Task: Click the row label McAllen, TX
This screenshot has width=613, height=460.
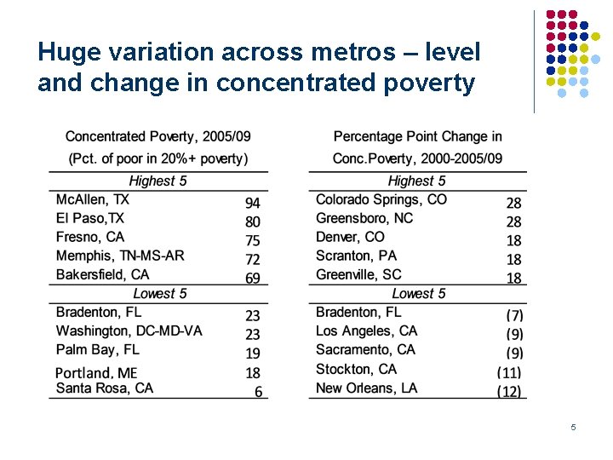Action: click(92, 199)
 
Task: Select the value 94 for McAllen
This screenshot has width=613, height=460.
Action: click(253, 203)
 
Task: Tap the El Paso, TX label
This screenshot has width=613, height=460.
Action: click(89, 218)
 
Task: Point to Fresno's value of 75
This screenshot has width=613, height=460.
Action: click(253, 240)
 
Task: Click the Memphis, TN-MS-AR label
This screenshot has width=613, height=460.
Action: click(120, 256)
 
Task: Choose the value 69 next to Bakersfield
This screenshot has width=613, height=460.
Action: click(253, 278)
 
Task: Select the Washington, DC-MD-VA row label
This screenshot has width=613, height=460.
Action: click(129, 331)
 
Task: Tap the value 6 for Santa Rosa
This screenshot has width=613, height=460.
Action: click(258, 392)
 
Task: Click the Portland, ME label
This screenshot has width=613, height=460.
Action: click(96, 372)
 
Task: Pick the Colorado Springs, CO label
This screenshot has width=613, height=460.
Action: click(381, 199)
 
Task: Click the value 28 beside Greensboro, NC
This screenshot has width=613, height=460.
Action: click(513, 221)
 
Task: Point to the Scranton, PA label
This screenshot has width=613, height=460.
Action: click(356, 256)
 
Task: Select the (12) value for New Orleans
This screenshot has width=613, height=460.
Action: click(510, 392)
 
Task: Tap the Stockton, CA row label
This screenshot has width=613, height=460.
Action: click(356, 369)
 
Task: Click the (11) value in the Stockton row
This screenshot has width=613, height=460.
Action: click(510, 372)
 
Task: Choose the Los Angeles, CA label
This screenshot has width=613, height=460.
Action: click(366, 331)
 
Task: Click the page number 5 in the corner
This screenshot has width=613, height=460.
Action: click(573, 427)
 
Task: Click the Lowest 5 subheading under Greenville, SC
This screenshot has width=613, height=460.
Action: click(418, 294)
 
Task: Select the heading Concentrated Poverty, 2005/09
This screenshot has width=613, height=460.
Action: click(158, 136)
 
